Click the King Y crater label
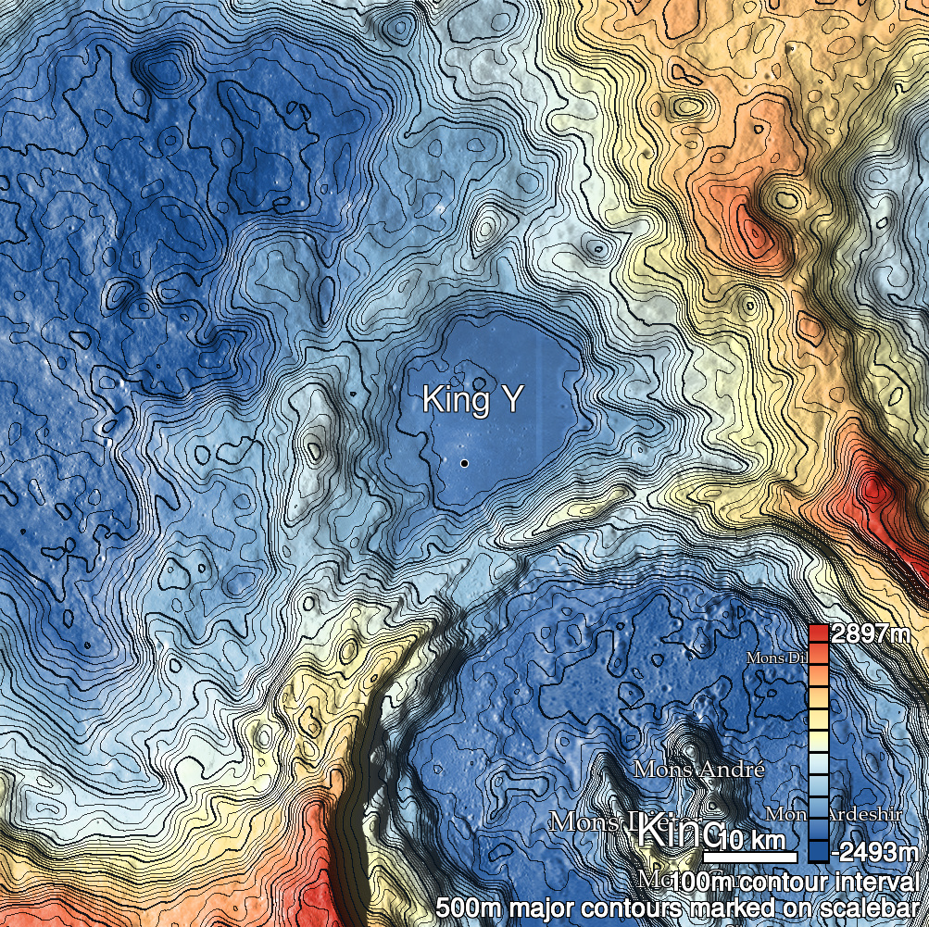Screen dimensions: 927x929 point(472,400)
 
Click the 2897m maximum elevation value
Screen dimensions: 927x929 point(870,634)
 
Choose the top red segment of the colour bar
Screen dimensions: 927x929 point(818,633)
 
